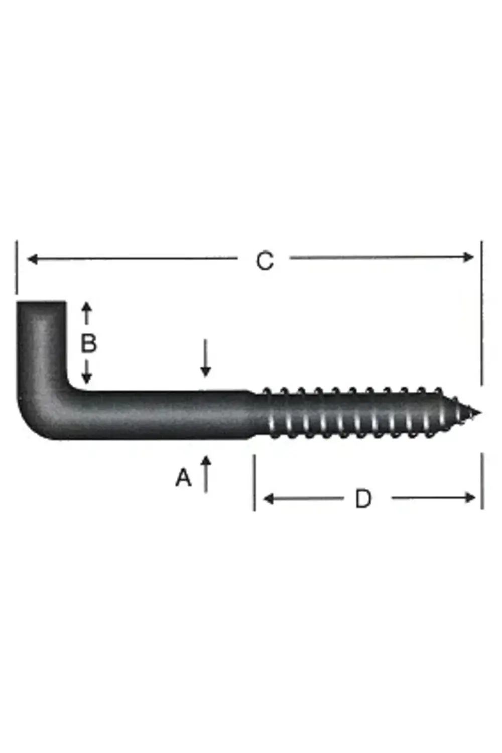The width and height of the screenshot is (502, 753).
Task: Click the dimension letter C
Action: coord(265,261)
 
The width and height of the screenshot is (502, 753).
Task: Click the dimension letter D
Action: coord(363,499)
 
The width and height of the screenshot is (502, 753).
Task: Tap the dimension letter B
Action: coord(88,344)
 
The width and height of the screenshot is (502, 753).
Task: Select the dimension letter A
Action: coord(183,478)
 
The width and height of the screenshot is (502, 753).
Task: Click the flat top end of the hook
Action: coord(41,303)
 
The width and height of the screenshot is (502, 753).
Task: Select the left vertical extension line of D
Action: coord(254,482)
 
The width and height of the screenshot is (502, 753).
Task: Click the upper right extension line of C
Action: coord(482,311)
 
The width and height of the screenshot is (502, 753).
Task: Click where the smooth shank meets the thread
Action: coord(254,414)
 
